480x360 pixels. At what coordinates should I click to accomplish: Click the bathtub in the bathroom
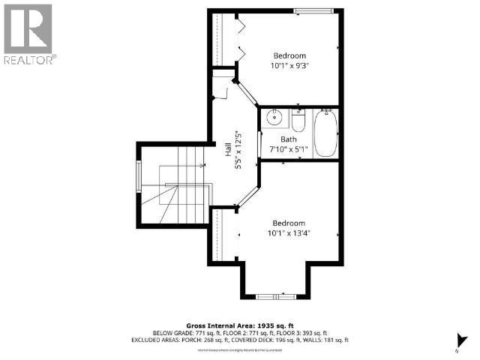(325, 133)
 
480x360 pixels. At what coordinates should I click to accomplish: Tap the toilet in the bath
(298, 122)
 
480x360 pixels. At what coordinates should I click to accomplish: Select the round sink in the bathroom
(274, 118)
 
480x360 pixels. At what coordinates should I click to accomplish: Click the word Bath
(289, 139)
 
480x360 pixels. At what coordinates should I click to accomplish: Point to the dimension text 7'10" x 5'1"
(289, 149)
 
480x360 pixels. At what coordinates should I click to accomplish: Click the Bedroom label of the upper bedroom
(289, 56)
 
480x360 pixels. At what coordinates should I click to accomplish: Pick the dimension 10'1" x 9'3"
(289, 66)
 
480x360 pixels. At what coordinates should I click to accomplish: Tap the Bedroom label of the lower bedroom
(289, 223)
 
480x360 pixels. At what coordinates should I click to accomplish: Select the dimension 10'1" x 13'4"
(289, 232)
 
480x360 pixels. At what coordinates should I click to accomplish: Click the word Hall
(228, 150)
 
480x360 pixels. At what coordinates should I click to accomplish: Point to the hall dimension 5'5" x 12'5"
(238, 150)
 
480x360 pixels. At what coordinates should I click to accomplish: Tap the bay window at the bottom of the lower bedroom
(273, 295)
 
